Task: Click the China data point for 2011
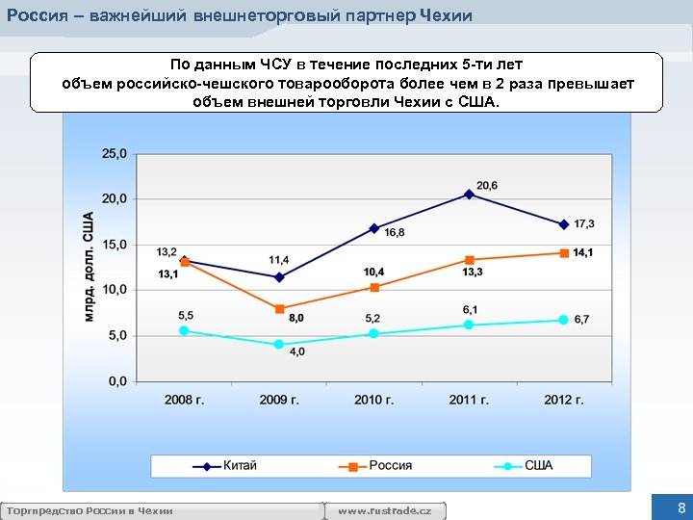click(470, 194)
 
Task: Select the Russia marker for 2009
click(279, 309)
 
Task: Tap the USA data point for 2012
click(564, 320)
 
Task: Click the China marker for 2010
click(374, 228)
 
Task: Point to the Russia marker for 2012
click(564, 253)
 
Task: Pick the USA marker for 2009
click(279, 344)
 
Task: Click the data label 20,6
click(487, 185)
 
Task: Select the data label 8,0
click(296, 318)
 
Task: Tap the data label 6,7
click(581, 320)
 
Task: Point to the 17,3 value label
click(584, 223)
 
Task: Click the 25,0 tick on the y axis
click(114, 153)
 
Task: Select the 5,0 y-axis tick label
click(116, 335)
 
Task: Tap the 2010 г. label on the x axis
click(374, 399)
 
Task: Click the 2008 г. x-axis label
click(184, 399)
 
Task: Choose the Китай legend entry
click(240, 466)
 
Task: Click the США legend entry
click(538, 466)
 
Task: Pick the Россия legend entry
click(390, 466)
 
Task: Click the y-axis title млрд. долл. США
click(88, 266)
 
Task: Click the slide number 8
click(681, 507)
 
